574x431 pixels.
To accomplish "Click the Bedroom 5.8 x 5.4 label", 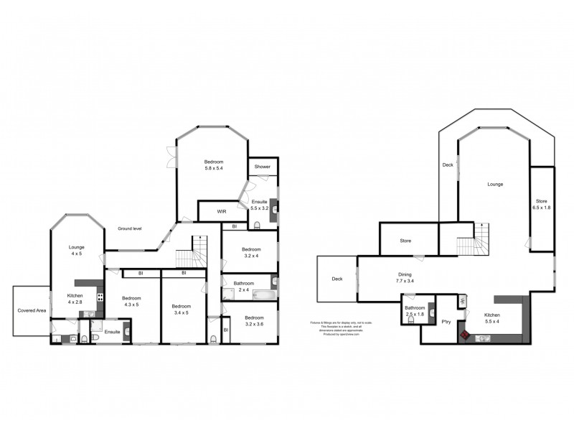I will pos(214,165).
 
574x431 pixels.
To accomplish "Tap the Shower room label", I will pos(262,167).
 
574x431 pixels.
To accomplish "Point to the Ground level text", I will pos(130,228).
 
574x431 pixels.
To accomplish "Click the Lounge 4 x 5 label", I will pos(77,251).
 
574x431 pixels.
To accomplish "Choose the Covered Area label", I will pos(32,311).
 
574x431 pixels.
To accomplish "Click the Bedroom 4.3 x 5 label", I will pos(131,302).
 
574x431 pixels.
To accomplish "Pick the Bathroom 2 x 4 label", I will pos(243,287).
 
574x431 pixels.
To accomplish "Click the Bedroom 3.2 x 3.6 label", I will pos(253,321).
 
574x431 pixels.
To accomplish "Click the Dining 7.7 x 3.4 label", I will pos(405,277).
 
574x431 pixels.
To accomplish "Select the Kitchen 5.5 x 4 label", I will pos(491,319).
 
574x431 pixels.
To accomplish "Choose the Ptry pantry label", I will pos(445,322).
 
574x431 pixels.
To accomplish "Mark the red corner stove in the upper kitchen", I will pos(465,335).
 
